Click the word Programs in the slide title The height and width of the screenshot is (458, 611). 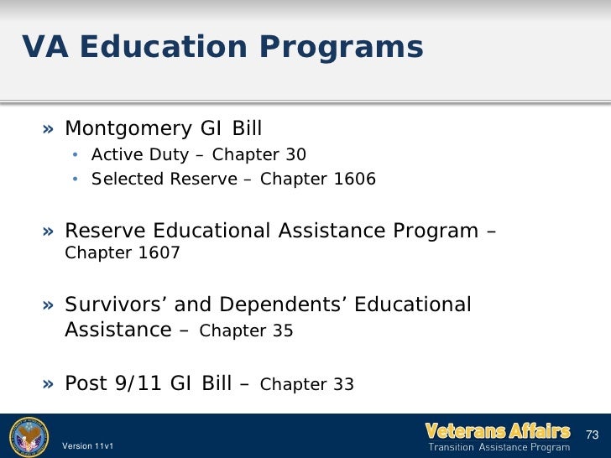coord(347,48)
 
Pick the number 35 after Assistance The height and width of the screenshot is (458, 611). coord(281,331)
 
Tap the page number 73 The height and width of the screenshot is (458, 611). coord(592,435)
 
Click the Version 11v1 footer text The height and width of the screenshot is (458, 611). coord(88,446)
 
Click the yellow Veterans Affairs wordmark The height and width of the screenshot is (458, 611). coord(499,431)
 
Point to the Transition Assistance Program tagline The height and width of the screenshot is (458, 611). coord(501,448)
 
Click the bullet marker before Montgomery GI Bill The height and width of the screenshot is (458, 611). coord(50,129)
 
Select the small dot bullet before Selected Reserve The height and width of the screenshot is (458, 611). coord(75,180)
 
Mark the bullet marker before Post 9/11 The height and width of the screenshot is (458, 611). coord(50,384)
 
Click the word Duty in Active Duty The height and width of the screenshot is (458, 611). coord(170,155)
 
